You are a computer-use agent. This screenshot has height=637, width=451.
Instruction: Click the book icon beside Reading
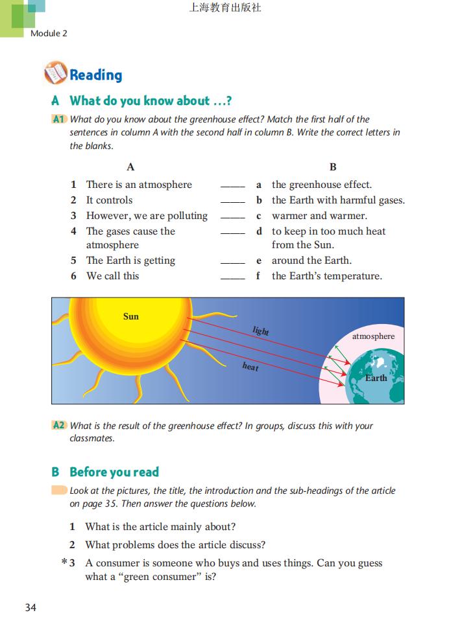coord(55,73)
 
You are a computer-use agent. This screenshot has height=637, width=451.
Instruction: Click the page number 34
coord(30,607)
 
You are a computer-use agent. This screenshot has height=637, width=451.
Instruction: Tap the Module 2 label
coord(49,33)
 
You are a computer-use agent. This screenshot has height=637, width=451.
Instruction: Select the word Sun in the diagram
coord(130,316)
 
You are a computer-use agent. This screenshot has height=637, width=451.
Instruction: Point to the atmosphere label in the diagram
coord(373,336)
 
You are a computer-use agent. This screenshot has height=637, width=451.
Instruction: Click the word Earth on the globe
coord(376,378)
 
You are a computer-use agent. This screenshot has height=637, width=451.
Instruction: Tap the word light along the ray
coord(261,331)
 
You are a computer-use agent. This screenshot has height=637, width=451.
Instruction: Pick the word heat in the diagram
coord(250,367)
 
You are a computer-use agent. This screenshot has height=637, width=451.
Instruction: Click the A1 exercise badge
coord(58,119)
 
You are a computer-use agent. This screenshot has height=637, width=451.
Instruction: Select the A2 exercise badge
coord(58,426)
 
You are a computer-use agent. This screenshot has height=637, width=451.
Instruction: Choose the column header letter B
coord(333,167)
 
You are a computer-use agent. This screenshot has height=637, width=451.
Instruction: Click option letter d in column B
coord(259,231)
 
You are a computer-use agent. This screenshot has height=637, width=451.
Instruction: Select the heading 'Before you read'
coord(114,472)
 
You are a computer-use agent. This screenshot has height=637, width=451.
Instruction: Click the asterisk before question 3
coord(64,563)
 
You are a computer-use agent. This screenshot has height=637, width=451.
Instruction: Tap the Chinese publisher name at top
coord(225,8)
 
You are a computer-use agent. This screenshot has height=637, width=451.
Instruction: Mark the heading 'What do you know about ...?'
coord(151,100)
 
